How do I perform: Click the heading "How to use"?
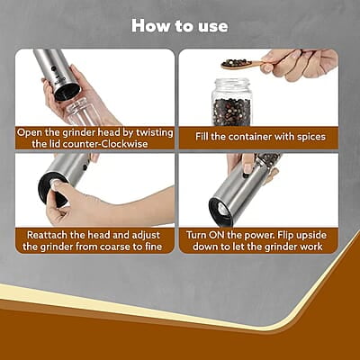[x=180, y=25]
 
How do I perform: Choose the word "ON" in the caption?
[x=231, y=234]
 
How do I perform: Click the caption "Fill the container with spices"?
[x=258, y=137]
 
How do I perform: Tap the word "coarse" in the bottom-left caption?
[x=118, y=247]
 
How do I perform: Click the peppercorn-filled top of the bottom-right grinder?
[x=266, y=161]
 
